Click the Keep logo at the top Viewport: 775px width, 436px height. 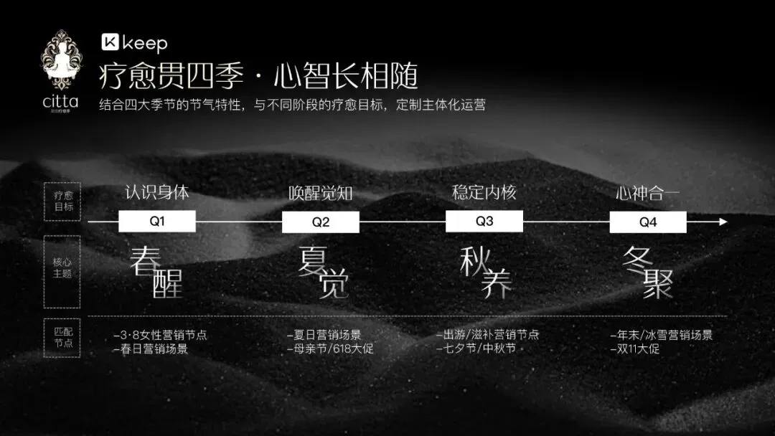click(x=134, y=43)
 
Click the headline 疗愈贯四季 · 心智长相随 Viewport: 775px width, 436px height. click(x=258, y=76)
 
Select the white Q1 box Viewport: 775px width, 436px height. click(x=156, y=222)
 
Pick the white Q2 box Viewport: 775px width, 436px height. click(x=320, y=222)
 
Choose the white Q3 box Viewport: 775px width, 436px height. click(x=484, y=222)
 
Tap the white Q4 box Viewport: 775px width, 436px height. click(x=648, y=222)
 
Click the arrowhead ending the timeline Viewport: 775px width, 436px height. click(x=723, y=222)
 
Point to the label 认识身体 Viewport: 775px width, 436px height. click(x=157, y=193)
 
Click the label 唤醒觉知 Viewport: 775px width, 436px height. click(x=321, y=194)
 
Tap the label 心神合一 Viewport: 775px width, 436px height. click(x=648, y=194)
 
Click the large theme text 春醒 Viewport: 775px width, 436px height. click(x=156, y=272)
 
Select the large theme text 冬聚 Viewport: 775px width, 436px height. click(x=649, y=272)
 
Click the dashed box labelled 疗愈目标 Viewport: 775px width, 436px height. click(x=62, y=202)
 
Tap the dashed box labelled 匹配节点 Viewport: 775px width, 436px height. click(x=62, y=338)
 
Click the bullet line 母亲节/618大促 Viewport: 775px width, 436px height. click(x=329, y=349)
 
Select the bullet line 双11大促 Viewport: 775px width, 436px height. click(x=634, y=349)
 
